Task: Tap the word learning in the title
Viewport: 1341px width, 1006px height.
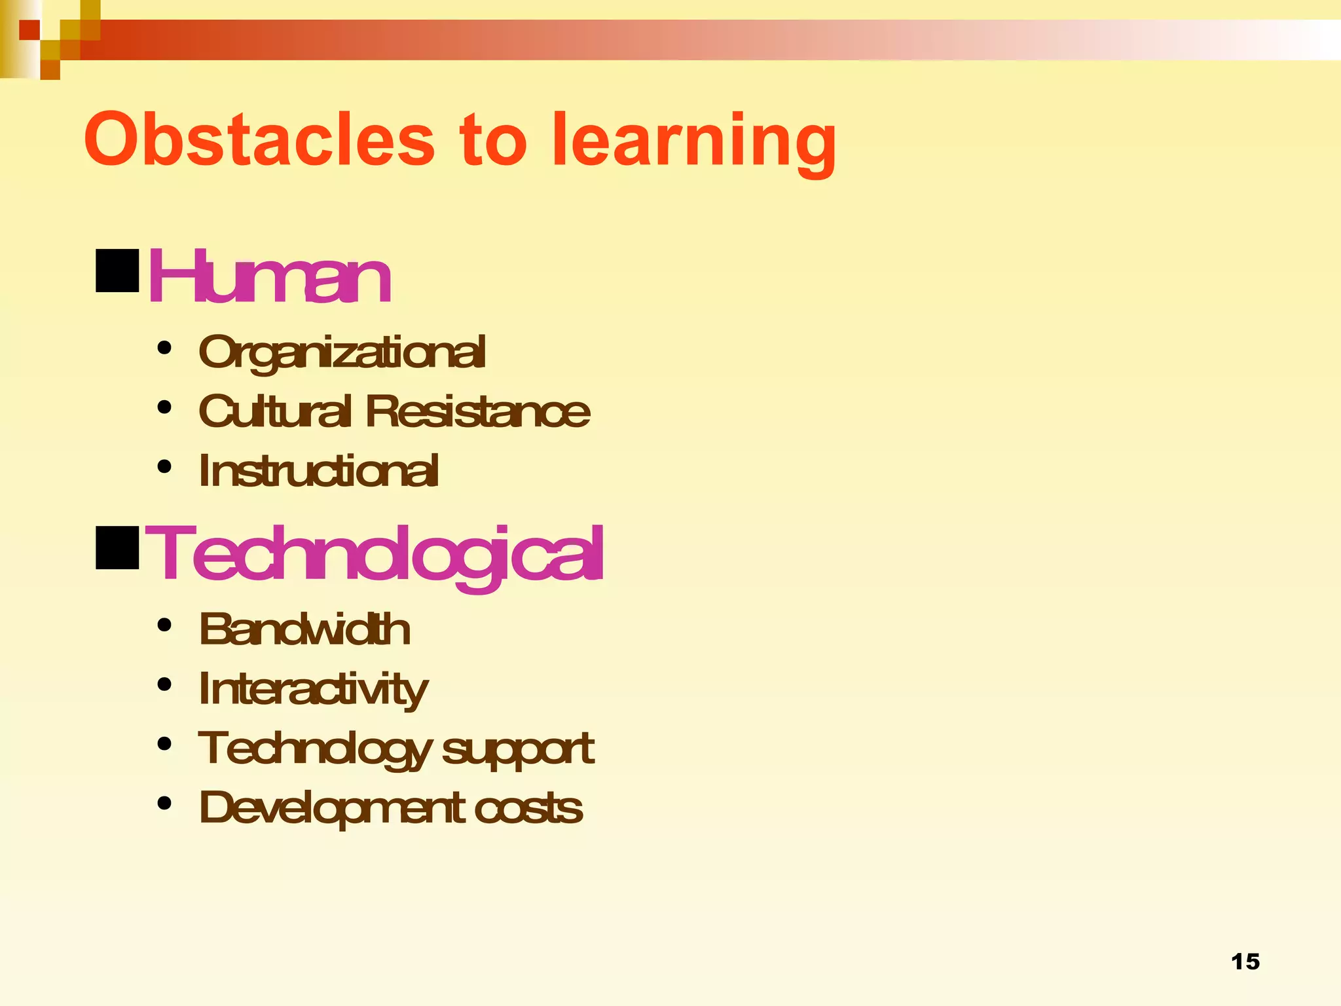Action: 694,141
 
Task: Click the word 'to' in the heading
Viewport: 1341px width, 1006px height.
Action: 493,140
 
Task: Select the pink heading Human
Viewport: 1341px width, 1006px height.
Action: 269,278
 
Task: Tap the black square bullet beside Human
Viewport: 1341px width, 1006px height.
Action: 117,270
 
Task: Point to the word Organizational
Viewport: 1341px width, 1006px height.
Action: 342,352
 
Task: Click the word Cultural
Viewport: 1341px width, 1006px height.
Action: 274,411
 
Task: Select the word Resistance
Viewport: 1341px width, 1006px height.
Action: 477,411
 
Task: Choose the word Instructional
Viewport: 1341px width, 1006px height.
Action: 318,471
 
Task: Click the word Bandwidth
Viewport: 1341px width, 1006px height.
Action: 304,629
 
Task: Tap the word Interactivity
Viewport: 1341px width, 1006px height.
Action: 313,689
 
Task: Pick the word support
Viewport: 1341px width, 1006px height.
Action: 518,749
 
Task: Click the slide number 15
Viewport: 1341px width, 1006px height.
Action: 1245,961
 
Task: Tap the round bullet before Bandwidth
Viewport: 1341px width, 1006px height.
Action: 164,625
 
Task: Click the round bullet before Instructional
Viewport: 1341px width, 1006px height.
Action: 164,467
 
